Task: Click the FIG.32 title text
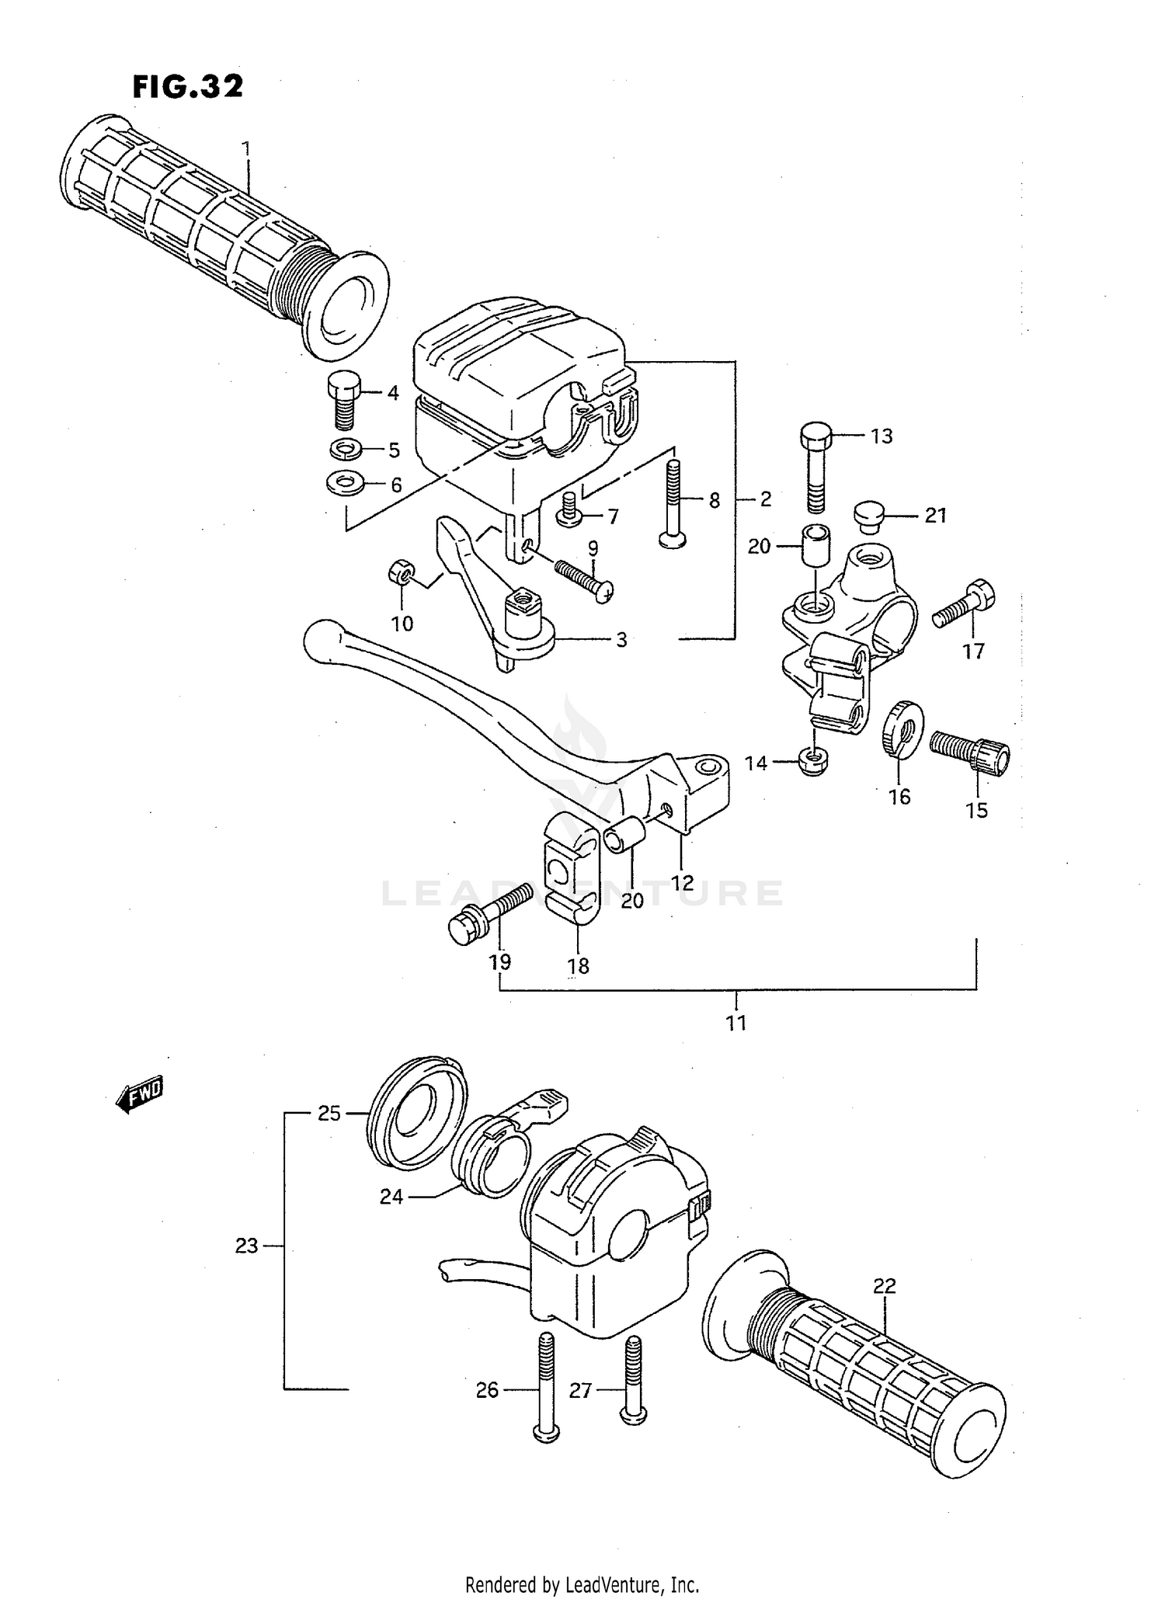(187, 87)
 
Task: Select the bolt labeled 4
(342, 398)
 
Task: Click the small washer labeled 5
(345, 449)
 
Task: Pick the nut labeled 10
(401, 575)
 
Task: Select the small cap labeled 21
(869, 515)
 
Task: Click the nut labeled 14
(813, 762)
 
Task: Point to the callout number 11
(736, 1023)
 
